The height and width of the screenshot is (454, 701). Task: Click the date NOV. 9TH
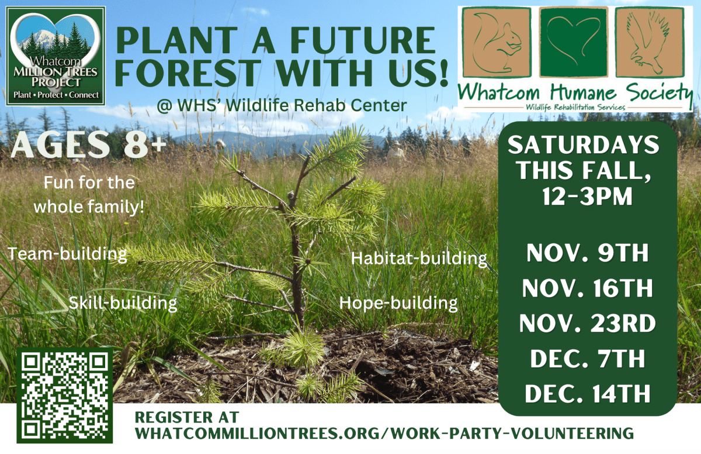[587, 256]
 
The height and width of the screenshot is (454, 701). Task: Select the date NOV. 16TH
[587, 289]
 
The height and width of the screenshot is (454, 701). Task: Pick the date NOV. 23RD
[587, 324]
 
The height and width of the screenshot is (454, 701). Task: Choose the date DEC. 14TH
[587, 393]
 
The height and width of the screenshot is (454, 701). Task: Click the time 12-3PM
[587, 198]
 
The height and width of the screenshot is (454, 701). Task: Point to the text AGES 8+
[88, 146]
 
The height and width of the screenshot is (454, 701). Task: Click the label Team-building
[68, 254]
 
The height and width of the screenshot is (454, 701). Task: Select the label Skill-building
[123, 302]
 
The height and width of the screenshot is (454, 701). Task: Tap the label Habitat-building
[419, 257]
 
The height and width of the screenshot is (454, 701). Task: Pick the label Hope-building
[398, 302]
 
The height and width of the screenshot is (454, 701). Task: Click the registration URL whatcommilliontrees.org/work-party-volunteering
[384, 434]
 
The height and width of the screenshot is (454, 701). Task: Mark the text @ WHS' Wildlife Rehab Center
[282, 106]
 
